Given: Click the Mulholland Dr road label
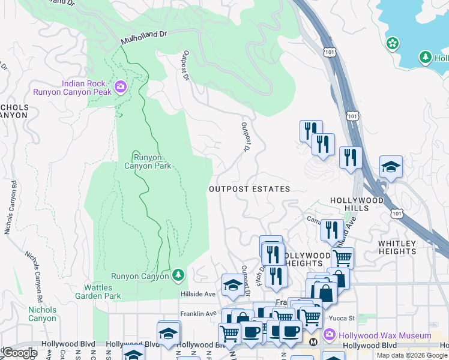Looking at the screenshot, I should pos(143,37).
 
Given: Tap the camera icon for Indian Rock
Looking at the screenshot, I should pos(121,88).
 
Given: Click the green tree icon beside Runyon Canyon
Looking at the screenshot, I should pos(178,276).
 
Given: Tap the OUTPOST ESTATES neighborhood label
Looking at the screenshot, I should pos(249,189).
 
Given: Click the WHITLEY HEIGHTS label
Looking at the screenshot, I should pos(397,247).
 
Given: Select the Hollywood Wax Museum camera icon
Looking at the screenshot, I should pos(329,335).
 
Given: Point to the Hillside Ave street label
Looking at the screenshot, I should pos(198,295).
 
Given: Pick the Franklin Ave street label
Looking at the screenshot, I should pos(198,314).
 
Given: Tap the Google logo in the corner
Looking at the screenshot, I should pos(20,353).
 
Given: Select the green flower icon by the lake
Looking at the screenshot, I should pos(392,43).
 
